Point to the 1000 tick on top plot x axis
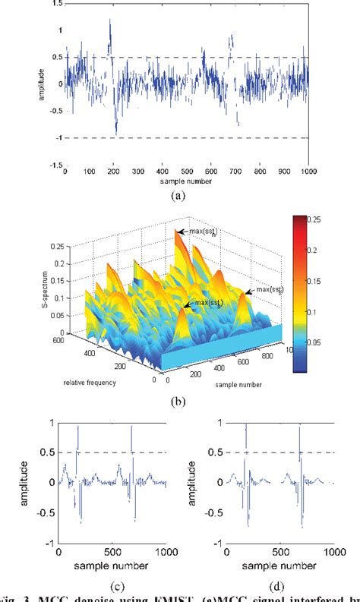[308, 172]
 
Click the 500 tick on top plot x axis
[186, 172]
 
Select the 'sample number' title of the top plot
[186, 182]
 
